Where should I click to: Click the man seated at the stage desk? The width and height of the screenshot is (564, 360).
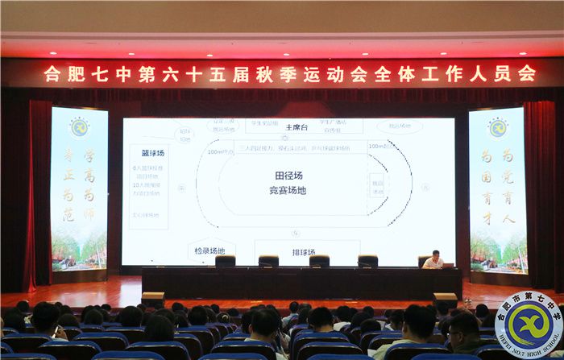[x=433, y=259]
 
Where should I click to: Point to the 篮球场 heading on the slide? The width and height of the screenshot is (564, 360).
[x=147, y=152]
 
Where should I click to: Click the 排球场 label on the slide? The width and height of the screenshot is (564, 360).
[x=304, y=253]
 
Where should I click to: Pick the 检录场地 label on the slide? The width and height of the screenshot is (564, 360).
[x=209, y=251]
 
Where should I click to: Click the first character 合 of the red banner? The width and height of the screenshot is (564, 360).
[x=52, y=74]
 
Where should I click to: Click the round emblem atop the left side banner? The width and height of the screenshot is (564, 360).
[x=79, y=126]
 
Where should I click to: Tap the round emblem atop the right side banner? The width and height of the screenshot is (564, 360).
[x=497, y=126]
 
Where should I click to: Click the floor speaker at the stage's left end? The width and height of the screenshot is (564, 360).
[x=152, y=299]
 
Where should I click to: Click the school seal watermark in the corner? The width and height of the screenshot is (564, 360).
[x=528, y=324]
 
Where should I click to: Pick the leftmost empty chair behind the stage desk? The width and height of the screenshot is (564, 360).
[x=226, y=262]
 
